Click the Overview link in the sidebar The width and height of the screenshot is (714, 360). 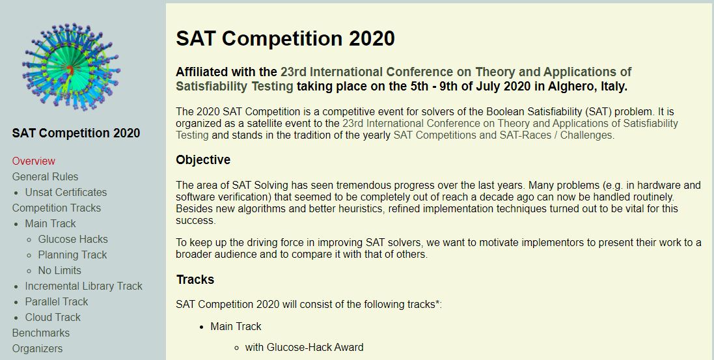[34, 161]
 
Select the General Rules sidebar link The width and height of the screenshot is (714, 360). [45, 177]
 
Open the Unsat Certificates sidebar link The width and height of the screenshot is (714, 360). [66, 192]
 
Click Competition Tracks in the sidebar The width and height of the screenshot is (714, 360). [57, 208]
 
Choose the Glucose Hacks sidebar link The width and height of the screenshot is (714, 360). [73, 240]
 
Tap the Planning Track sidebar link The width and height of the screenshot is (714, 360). [72, 255]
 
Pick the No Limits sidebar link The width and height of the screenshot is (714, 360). [60, 270]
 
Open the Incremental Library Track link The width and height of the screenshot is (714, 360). [84, 286]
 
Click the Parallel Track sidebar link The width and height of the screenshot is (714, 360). [57, 301]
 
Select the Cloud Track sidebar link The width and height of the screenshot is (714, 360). [53, 317]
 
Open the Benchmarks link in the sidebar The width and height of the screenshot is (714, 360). [41, 333]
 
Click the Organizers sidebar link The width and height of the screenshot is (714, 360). [37, 349]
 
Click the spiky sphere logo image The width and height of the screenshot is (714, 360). [71, 67]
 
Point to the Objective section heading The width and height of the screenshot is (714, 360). [203, 160]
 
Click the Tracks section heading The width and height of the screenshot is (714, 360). [195, 279]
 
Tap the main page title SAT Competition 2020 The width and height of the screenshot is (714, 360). [285, 38]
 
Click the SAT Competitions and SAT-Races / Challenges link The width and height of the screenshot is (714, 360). [504, 135]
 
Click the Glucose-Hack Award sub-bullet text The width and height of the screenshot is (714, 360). [304, 348]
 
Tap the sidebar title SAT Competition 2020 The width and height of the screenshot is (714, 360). [76, 133]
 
